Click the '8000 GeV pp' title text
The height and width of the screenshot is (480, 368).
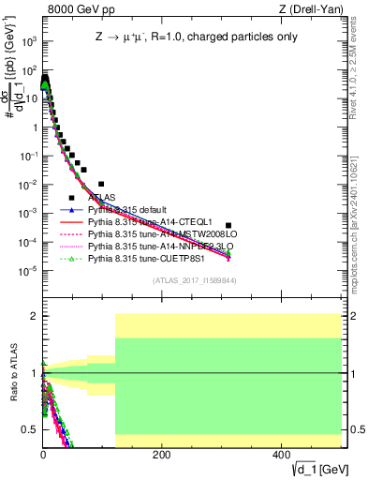pos(76,9)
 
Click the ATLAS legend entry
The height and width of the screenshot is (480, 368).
pos(102,198)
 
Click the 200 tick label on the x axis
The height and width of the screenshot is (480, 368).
pos(162,455)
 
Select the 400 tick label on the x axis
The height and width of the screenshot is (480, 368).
pos(282,455)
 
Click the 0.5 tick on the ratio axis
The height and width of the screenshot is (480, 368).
pos(29,429)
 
